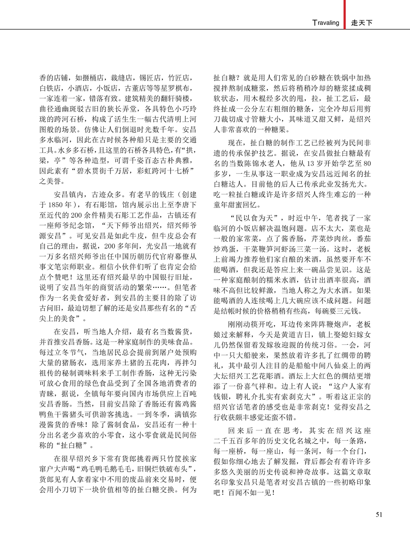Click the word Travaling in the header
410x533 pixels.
coord(326,23)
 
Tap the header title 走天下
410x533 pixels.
coord(362,23)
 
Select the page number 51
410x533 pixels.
coord(379,514)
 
